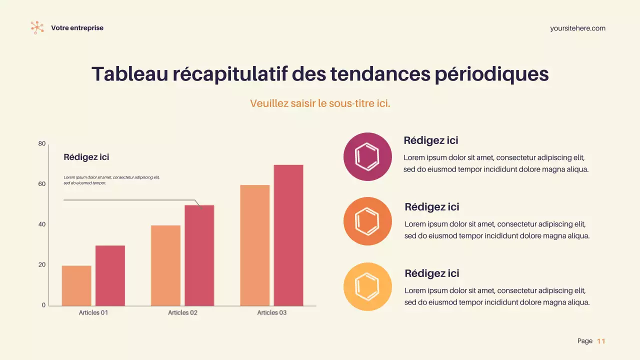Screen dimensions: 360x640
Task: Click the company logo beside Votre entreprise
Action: click(37, 27)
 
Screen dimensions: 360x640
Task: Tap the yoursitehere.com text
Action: click(577, 28)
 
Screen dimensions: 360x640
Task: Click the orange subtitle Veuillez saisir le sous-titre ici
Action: click(320, 103)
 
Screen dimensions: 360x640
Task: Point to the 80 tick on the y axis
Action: click(42, 144)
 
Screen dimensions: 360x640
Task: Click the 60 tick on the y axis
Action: click(42, 184)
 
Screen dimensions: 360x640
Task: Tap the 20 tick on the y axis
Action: click(42, 265)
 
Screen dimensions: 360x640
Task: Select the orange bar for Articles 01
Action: click(76, 285)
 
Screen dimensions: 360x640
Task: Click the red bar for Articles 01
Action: click(110, 275)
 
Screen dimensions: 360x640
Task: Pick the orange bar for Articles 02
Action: click(165, 265)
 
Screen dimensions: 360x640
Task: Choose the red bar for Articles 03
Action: click(288, 235)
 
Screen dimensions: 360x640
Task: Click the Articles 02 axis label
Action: click(182, 312)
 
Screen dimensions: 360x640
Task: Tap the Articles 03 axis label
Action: click(272, 312)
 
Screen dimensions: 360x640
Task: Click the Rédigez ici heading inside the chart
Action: click(86, 157)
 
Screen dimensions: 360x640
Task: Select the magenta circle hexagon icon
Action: click(367, 156)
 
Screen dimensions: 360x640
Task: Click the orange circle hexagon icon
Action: click(367, 221)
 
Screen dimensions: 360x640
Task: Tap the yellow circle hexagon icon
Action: click(367, 286)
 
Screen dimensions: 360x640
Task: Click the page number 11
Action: click(601, 341)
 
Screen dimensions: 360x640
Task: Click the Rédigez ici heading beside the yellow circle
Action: click(431, 273)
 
